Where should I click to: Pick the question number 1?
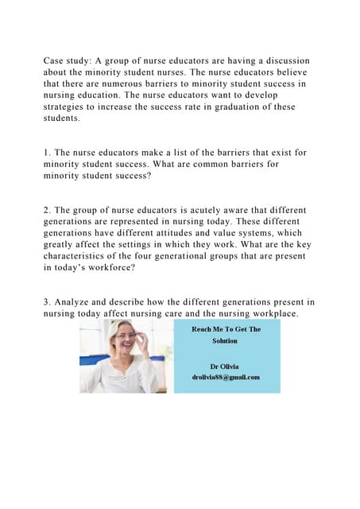coord(47,153)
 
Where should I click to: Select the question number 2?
coord(47,211)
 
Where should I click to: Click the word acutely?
coord(212,211)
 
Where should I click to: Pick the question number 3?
coord(47,302)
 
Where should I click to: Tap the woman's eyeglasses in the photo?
coord(126,338)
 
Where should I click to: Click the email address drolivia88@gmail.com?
coord(225,376)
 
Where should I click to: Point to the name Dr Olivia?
coord(225,364)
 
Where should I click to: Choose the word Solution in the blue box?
coord(225,341)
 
